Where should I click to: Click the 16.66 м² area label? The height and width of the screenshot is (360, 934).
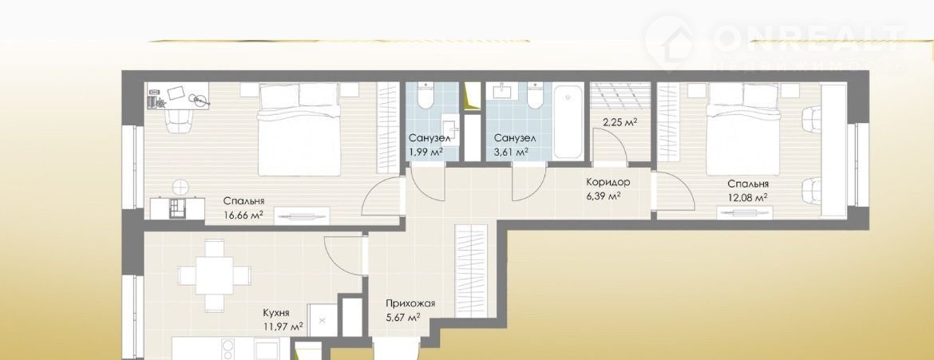click(243, 216)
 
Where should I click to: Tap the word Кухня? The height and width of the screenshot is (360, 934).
click(276, 313)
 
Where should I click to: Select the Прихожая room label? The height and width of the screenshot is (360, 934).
click(410, 303)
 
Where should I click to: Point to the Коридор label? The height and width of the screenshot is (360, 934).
click(607, 182)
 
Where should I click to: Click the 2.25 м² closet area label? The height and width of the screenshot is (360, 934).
click(619, 122)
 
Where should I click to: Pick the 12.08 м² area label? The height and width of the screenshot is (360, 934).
click(747, 197)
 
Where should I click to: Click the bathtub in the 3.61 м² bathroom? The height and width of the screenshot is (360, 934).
click(568, 122)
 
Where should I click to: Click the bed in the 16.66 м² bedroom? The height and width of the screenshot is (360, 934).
click(299, 129)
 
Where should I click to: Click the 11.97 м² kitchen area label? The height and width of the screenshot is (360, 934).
click(283, 326)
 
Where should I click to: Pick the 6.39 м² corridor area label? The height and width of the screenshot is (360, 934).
click(604, 196)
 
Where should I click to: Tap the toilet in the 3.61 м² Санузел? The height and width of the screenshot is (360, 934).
click(536, 96)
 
